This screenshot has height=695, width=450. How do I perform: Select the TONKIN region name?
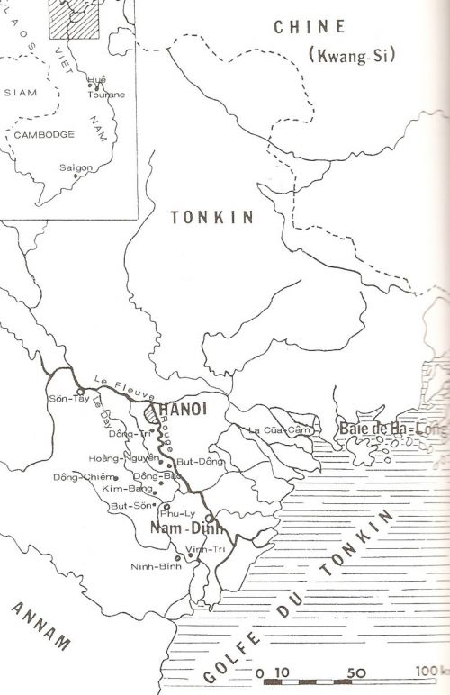pos(212,217)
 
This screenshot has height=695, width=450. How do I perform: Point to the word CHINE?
pos(310,27)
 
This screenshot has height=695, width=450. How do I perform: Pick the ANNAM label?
pos(41,627)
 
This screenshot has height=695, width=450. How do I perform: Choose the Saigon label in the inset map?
pos(75,167)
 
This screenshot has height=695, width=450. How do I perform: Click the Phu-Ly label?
pos(171,513)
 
